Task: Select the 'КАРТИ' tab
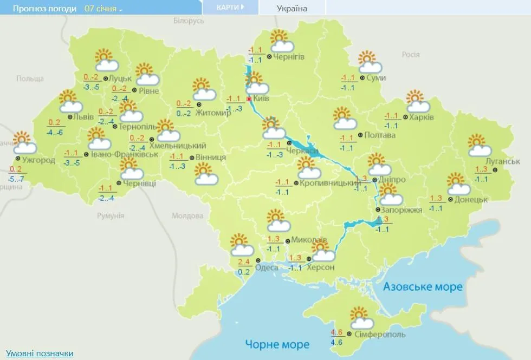pyautogui.click(x=230, y=8)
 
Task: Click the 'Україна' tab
pyautogui.click(x=292, y=8)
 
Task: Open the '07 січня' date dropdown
pyautogui.click(x=103, y=9)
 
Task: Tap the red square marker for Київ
pyautogui.click(x=249, y=99)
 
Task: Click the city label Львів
pyautogui.click(x=84, y=117)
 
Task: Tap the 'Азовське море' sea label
pyautogui.click(x=423, y=286)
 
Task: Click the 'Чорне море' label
pyautogui.click(x=277, y=344)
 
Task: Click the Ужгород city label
pyautogui.click(x=39, y=160)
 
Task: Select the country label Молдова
pyautogui.click(x=187, y=215)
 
